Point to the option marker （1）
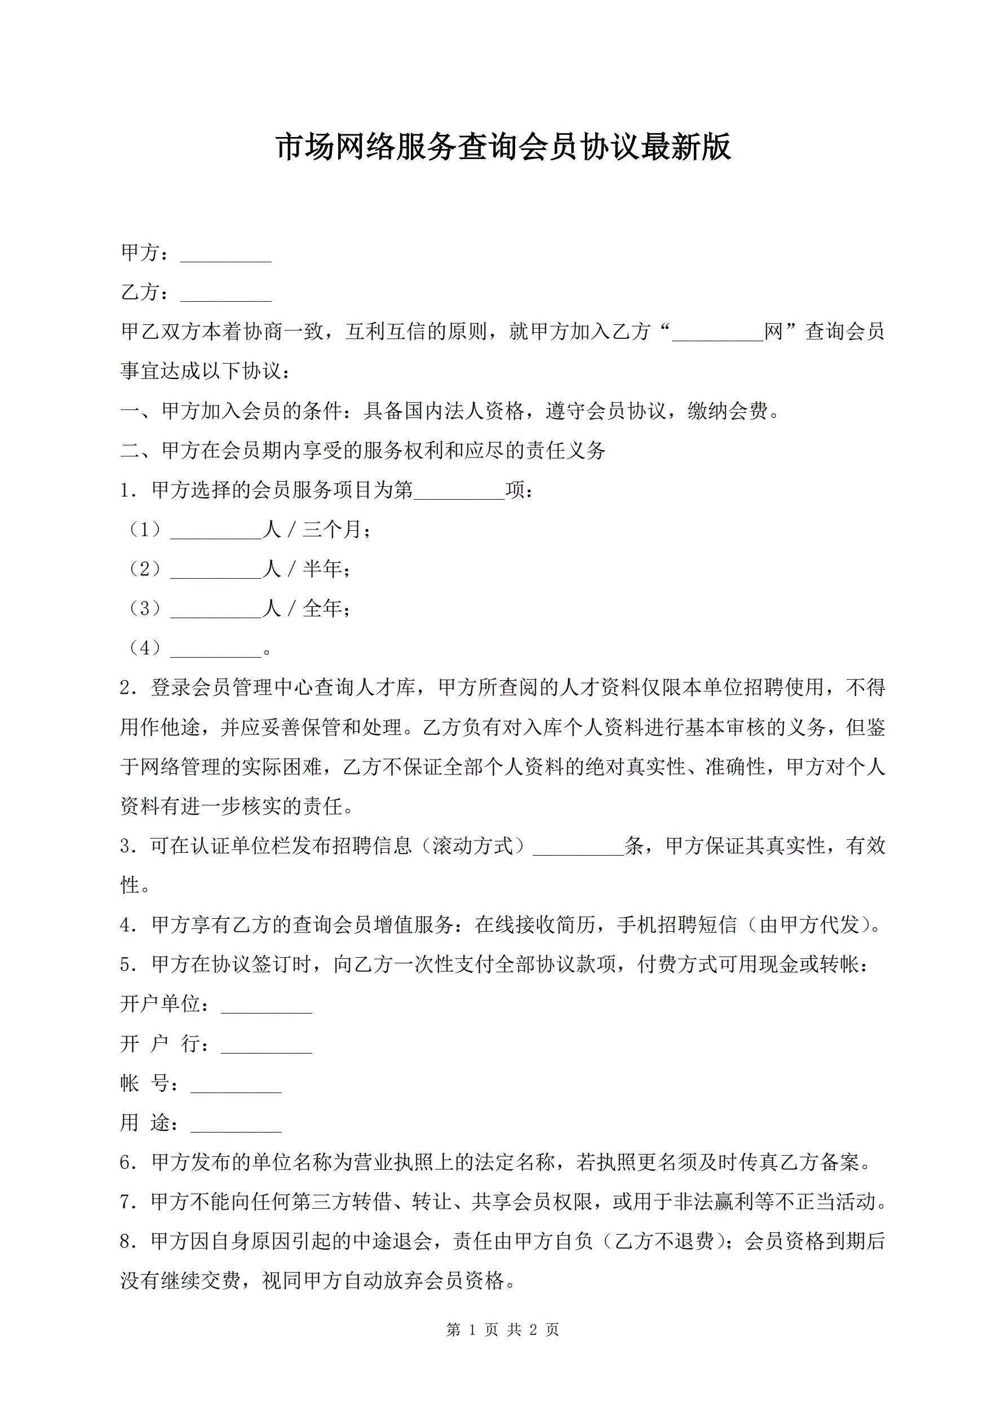tap(144, 530)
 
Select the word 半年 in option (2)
tap(322, 570)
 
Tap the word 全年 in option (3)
tap(322, 609)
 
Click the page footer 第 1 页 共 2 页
tap(502, 1329)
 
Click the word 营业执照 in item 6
tap(393, 1162)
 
